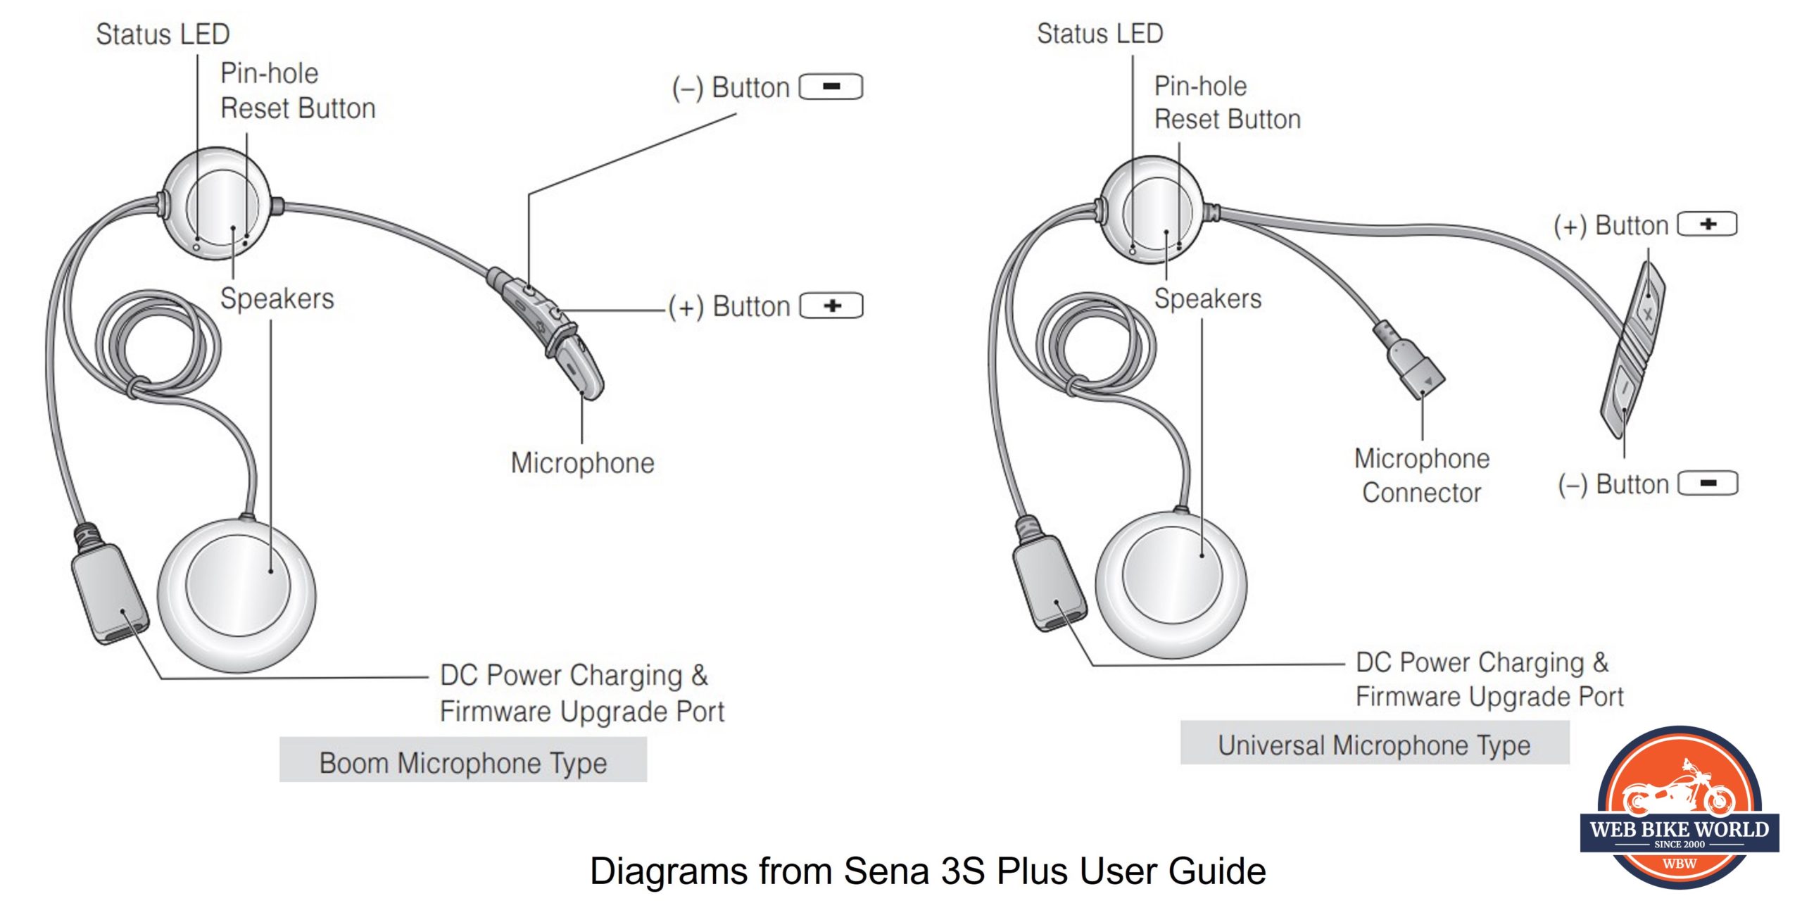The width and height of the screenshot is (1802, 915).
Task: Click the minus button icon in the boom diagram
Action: tap(831, 87)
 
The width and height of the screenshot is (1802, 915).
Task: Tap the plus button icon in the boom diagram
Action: tap(832, 306)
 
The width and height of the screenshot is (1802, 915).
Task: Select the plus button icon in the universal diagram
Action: tap(1707, 225)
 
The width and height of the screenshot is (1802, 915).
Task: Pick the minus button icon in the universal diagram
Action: tap(1708, 484)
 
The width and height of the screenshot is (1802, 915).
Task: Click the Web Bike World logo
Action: tap(1680, 809)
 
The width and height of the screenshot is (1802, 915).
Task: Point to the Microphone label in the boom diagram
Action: tap(582, 463)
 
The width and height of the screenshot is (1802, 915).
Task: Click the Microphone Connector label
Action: tap(1422, 475)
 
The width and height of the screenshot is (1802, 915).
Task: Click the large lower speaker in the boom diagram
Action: tap(237, 595)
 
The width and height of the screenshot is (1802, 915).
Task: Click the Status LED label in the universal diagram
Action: tap(1100, 34)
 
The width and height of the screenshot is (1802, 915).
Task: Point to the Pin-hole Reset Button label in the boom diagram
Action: tap(297, 91)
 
